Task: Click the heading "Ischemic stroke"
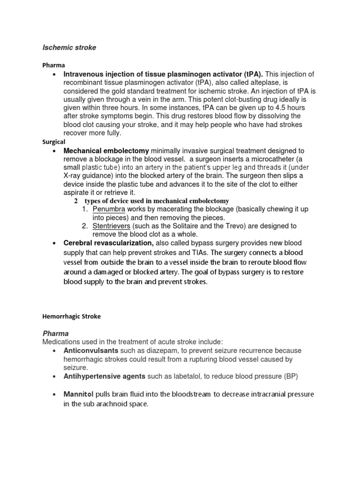tap(69, 47)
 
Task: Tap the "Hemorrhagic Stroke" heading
tap(71, 316)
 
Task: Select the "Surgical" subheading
tap(54, 142)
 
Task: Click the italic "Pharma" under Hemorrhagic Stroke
tap(56, 333)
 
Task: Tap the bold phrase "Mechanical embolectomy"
tap(106, 150)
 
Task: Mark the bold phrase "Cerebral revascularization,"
tap(109, 243)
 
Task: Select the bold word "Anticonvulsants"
tap(91, 351)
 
